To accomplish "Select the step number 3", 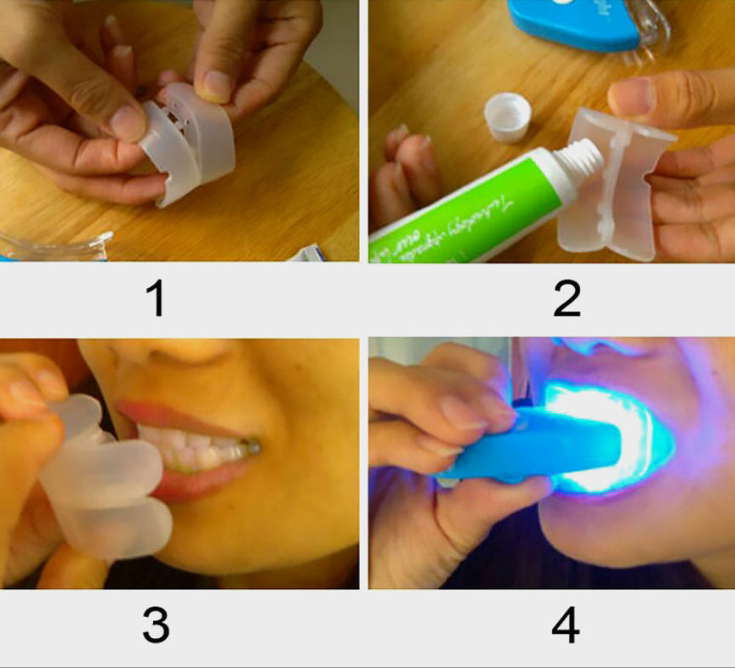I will [156, 625].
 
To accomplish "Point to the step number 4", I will [566, 625].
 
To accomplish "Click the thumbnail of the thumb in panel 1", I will [128, 123].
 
